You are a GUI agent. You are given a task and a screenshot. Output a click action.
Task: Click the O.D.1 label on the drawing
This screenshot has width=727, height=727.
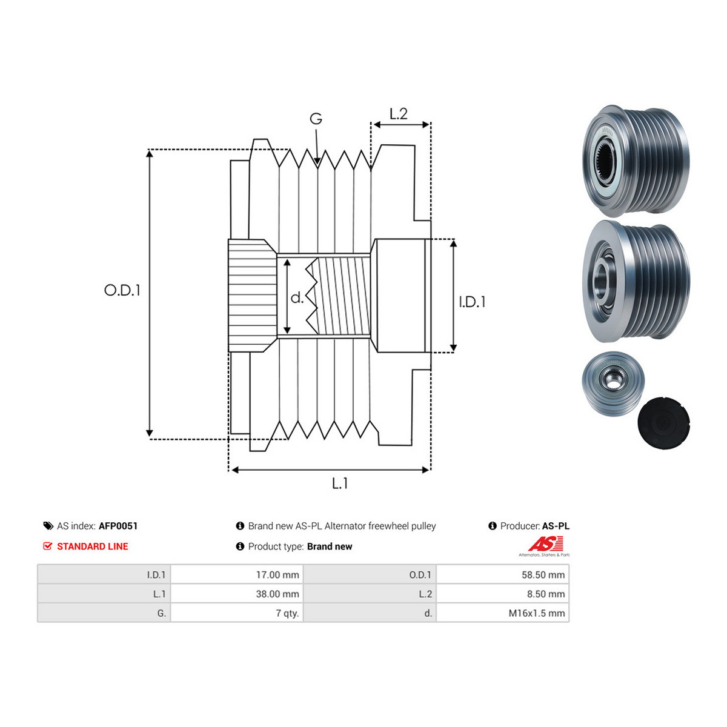[x=122, y=290]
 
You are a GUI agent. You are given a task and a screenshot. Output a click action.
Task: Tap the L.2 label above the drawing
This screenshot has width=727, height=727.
[x=399, y=113]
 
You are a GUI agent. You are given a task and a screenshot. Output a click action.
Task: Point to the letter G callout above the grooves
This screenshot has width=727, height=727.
[x=316, y=119]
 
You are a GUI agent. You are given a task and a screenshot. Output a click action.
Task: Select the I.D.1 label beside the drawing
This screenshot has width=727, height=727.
[x=472, y=302]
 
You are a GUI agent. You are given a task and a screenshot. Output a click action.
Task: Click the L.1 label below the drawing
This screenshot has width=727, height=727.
[x=339, y=483]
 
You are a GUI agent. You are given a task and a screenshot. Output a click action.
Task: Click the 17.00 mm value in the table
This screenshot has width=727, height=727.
[x=277, y=574]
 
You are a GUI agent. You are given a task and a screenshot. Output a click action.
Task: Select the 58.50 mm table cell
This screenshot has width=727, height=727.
[x=543, y=574]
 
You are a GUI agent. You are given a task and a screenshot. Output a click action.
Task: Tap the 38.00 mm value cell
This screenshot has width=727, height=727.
[x=277, y=594]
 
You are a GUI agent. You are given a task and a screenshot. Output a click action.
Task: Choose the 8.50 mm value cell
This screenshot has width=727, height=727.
[x=545, y=594]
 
